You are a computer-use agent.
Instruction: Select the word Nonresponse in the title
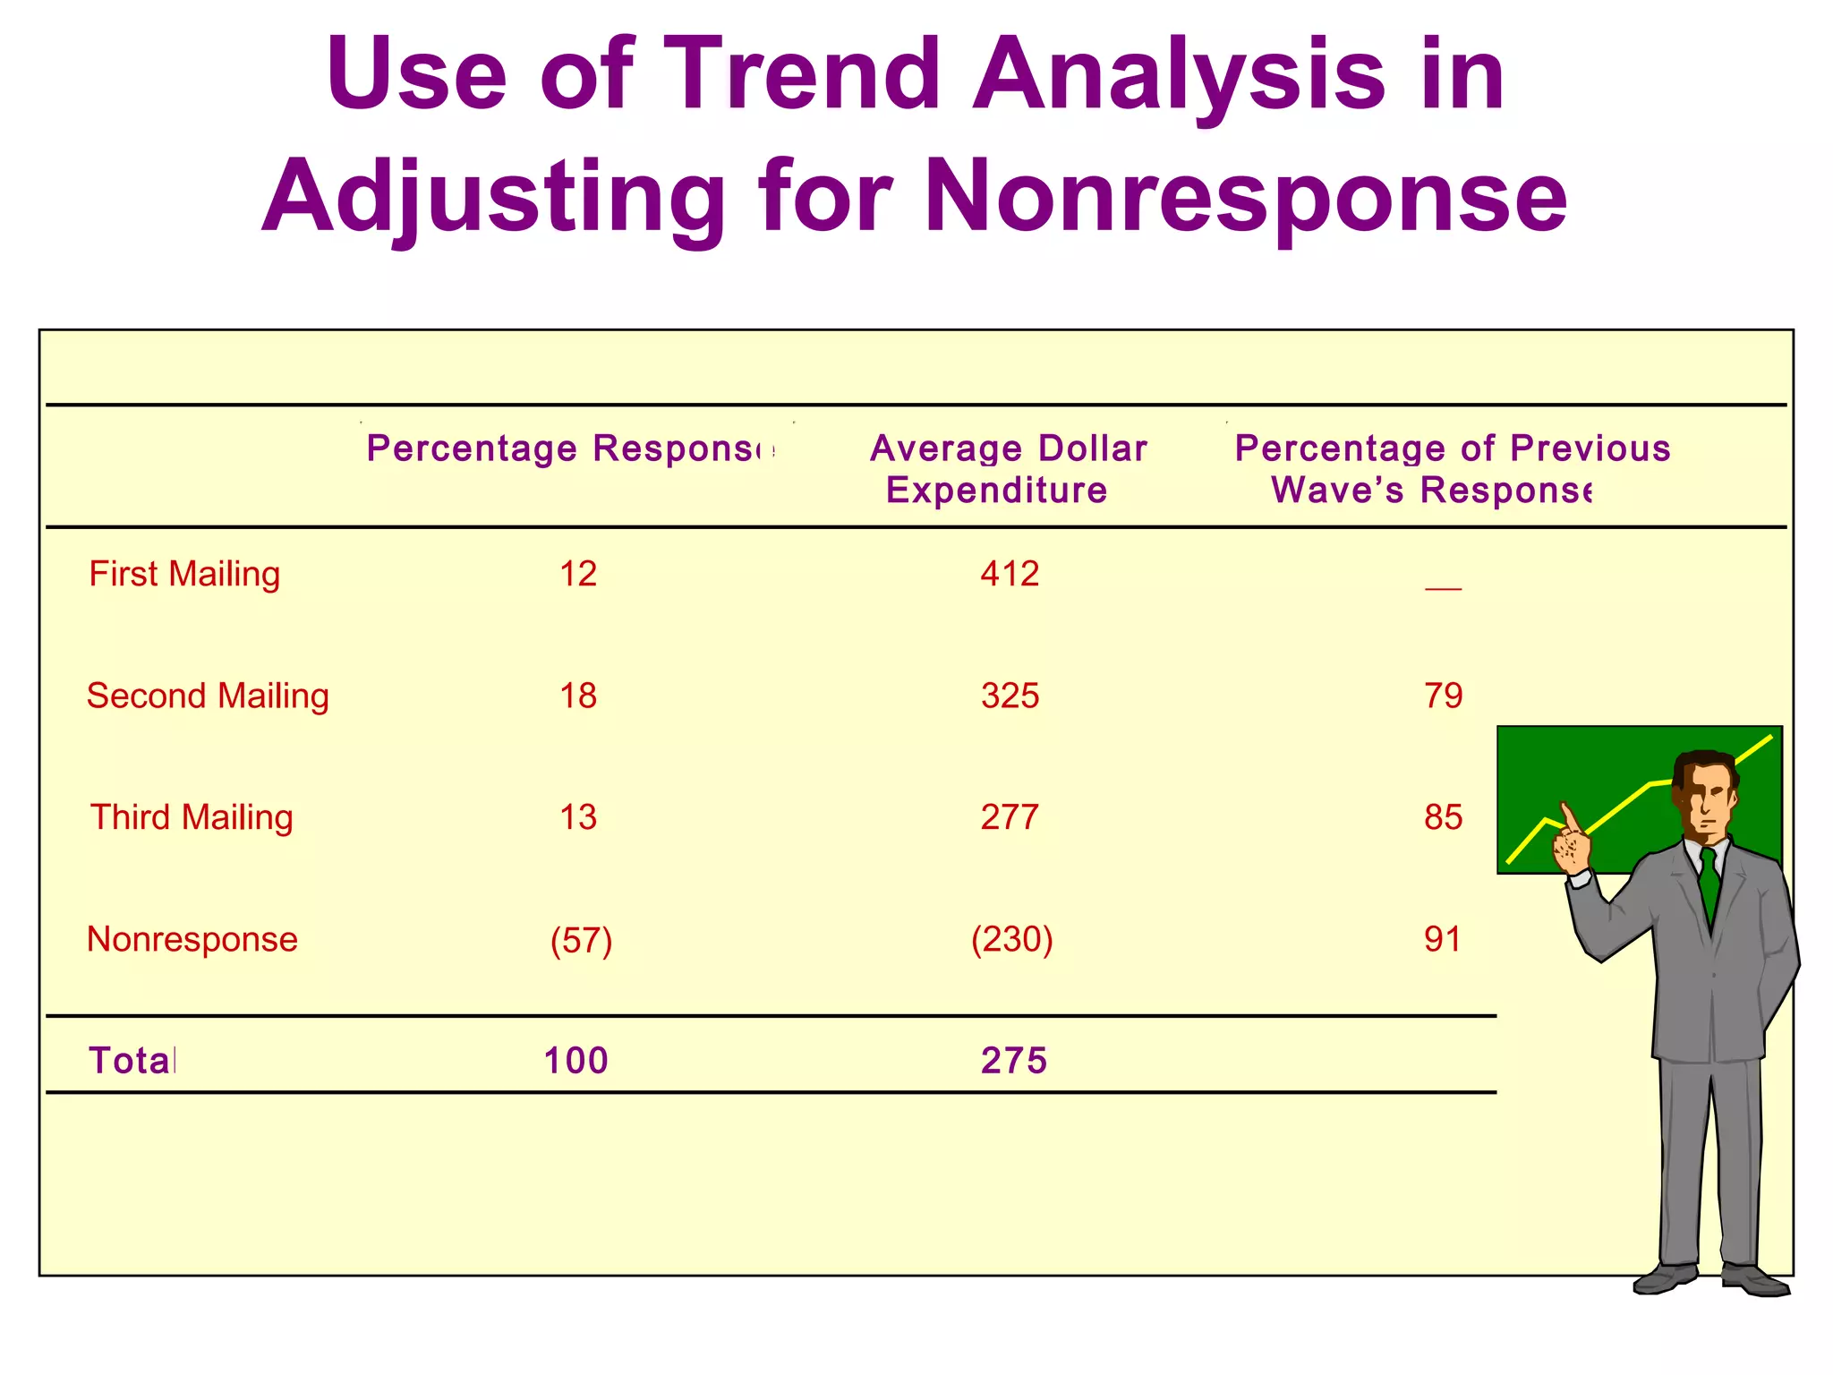pyautogui.click(x=1245, y=196)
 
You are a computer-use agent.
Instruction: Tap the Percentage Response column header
pyautogui.click(x=570, y=448)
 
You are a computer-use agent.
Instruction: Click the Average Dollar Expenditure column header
pyautogui.click(x=1007, y=468)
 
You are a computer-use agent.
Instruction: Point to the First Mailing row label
pyautogui.click(x=184, y=574)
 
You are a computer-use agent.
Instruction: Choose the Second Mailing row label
pyautogui.click(x=208, y=696)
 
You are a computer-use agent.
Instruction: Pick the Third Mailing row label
pyautogui.click(x=192, y=817)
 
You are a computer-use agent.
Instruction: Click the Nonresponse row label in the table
pyautogui.click(x=192, y=939)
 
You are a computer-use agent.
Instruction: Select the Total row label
pyautogui.click(x=132, y=1061)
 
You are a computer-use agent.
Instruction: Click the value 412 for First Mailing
pyautogui.click(x=1010, y=574)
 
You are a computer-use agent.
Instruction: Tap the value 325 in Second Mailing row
pyautogui.click(x=1010, y=696)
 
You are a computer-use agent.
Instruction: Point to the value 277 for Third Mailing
pyautogui.click(x=1010, y=817)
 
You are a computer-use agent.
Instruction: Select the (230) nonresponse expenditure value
pyautogui.click(x=1011, y=939)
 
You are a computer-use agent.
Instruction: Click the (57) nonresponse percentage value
pyautogui.click(x=581, y=941)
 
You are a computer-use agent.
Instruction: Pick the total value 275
pyautogui.click(x=1013, y=1061)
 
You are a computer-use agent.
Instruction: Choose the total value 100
pyautogui.click(x=575, y=1061)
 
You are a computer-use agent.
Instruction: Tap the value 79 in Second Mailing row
pyautogui.click(x=1443, y=696)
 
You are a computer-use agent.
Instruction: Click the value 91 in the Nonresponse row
pyautogui.click(x=1443, y=939)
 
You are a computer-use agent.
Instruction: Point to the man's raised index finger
pyautogui.click(x=1568, y=816)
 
